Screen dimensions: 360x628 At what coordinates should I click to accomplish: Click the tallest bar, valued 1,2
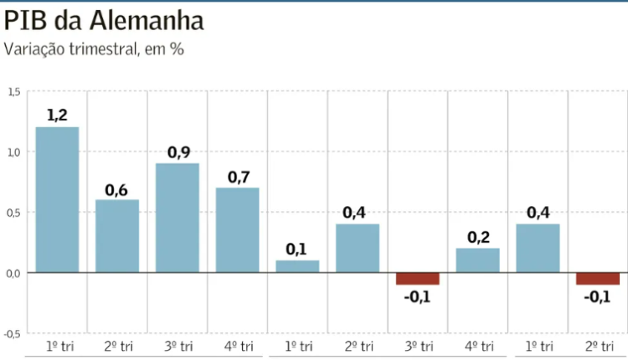point(57,199)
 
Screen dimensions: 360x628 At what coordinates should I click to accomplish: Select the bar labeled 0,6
point(117,235)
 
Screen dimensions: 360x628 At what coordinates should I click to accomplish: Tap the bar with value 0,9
point(178,218)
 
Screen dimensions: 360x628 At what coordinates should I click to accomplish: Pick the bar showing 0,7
point(238,229)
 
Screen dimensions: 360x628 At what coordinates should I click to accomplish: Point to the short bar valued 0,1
point(297,266)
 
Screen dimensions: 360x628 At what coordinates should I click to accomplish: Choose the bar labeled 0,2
point(477,260)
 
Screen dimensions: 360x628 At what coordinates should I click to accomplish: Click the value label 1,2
point(57,116)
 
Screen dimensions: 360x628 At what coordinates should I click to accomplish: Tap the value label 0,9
point(178,152)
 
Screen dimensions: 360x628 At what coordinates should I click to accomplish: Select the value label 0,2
point(477,237)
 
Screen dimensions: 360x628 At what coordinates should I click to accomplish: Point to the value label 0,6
point(116,189)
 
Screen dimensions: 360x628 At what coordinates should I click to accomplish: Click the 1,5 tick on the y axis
point(13,91)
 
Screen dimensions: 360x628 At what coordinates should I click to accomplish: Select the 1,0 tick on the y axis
point(13,152)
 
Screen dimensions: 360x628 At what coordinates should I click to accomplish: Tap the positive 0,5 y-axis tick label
point(13,212)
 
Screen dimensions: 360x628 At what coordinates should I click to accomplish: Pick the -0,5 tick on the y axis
point(13,333)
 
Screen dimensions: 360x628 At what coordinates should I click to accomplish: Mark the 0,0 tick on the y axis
point(13,273)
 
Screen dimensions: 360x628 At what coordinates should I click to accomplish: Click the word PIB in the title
point(24,19)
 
